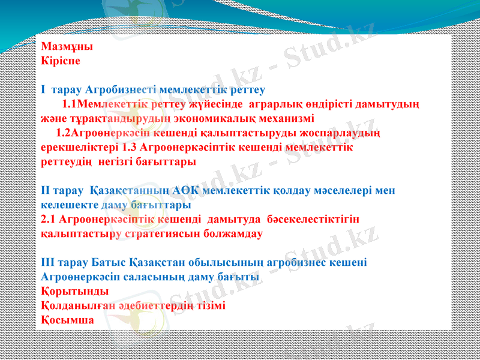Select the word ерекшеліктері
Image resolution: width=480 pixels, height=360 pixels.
point(79,147)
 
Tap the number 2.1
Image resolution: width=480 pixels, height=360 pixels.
point(50,220)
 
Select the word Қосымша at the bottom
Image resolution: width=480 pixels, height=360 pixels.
point(67,320)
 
